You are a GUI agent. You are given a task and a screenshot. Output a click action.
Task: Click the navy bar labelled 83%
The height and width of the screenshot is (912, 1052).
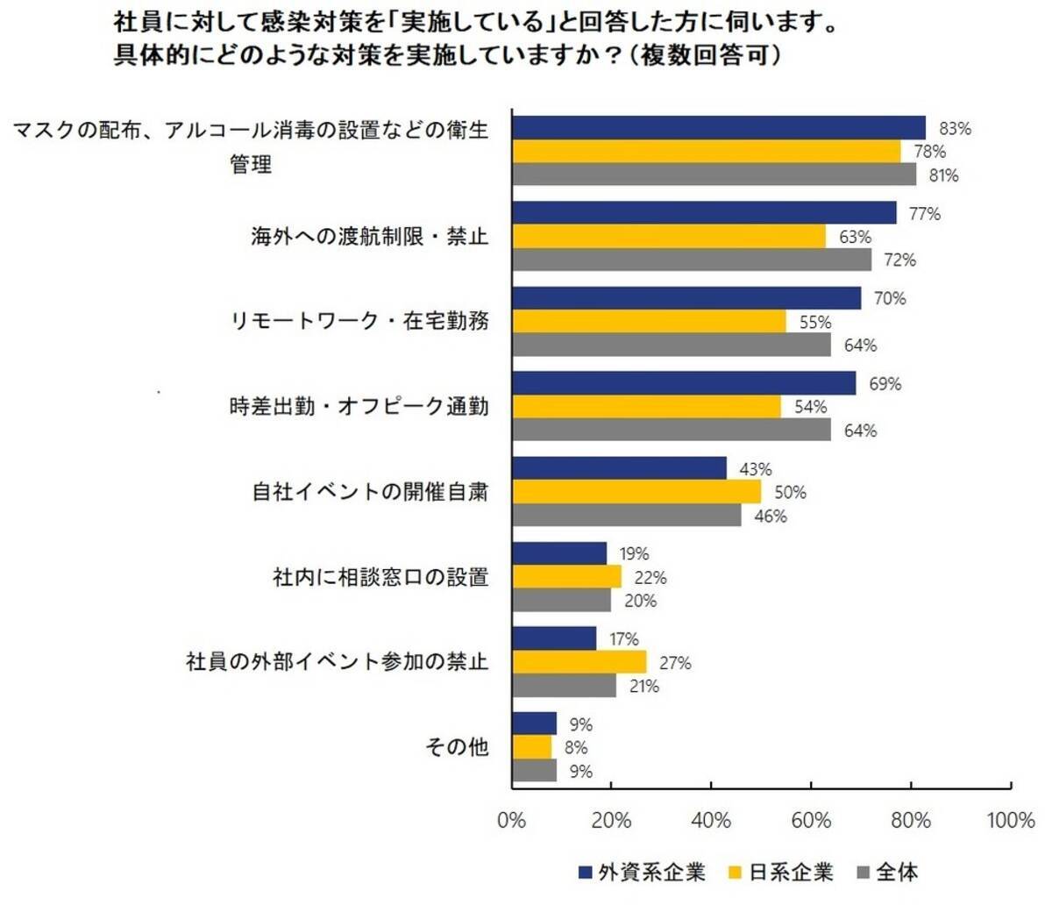[719, 128]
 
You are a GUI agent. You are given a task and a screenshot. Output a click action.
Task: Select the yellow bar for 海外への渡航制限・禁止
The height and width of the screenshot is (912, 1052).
[669, 237]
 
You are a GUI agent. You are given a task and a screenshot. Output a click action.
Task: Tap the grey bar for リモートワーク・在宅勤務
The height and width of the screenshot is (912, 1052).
[672, 345]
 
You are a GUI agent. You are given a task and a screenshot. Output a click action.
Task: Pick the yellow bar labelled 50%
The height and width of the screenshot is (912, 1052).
[636, 492]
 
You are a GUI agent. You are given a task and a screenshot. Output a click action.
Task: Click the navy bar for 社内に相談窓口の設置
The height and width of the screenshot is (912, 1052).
[559, 553]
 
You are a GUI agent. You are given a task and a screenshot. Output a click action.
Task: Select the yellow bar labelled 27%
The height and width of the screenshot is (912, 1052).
[579, 662]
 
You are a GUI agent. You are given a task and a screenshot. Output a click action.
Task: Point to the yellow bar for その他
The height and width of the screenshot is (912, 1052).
[532, 747]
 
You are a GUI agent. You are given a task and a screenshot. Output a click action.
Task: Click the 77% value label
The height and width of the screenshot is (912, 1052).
[924, 213]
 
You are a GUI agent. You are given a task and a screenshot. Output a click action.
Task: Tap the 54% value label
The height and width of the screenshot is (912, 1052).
[810, 407]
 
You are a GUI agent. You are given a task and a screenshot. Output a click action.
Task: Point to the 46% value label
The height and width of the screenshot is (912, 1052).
[771, 516]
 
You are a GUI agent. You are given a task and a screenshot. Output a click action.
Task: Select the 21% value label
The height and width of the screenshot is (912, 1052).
[644, 686]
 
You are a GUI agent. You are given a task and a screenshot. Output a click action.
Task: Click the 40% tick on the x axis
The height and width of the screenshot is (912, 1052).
[711, 821]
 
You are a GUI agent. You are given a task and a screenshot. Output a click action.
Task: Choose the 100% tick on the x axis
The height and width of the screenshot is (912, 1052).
[1011, 821]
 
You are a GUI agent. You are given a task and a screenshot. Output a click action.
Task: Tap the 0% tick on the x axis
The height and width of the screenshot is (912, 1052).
[511, 821]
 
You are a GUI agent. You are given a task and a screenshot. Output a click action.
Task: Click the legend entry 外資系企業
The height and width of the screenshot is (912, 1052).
[651, 873]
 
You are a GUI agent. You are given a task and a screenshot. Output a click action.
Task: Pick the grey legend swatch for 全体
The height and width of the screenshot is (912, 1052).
[861, 873]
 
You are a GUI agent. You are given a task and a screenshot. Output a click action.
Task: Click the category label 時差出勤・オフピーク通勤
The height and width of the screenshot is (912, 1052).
[359, 407]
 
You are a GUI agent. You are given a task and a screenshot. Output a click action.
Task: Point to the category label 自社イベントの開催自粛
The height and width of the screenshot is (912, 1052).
[370, 492]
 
